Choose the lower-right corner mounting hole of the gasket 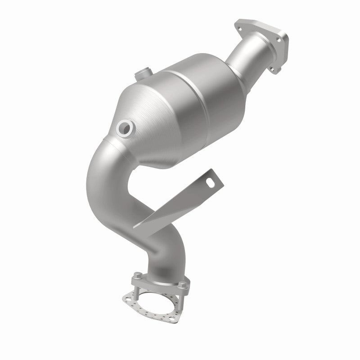click(180, 321)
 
